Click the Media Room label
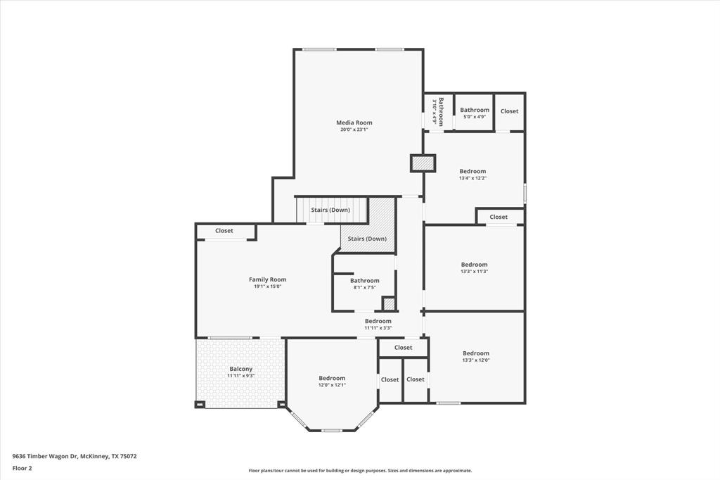tap(354, 122)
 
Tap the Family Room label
tap(267, 279)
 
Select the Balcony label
tap(240, 369)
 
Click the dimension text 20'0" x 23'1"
tap(354, 130)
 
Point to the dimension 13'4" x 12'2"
tap(472, 178)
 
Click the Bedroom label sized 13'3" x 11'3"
tap(474, 265)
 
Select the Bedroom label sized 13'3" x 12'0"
tap(475, 353)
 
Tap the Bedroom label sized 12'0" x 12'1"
tap(332, 378)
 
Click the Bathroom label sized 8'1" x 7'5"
tap(365, 281)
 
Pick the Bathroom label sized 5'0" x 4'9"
tap(475, 110)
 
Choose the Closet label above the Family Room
tap(224, 231)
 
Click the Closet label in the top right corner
tap(509, 111)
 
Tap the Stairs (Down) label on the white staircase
tap(330, 210)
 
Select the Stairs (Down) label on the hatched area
tap(367, 239)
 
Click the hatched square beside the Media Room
tap(423, 163)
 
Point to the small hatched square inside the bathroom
tap(389, 304)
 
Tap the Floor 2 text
tap(22, 467)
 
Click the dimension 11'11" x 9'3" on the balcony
tap(240, 376)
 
